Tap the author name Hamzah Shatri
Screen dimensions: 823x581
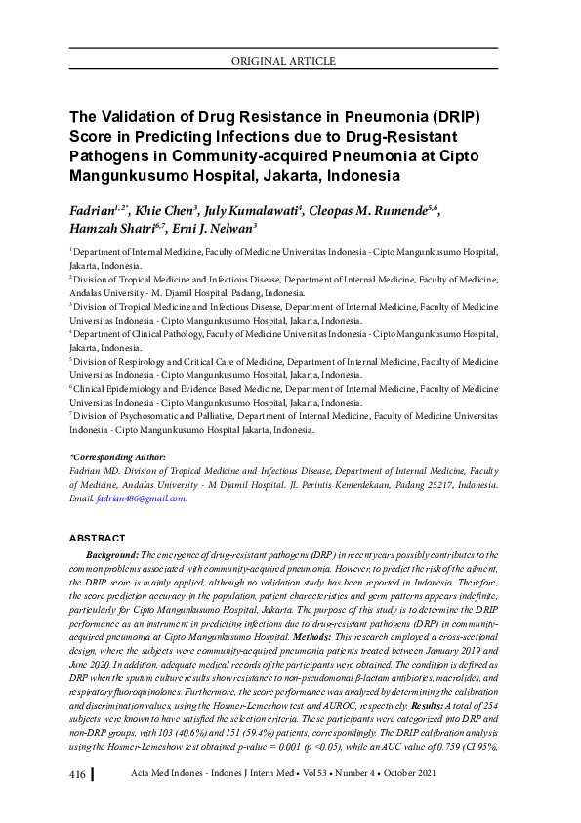(104, 230)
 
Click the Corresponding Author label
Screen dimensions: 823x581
(118, 457)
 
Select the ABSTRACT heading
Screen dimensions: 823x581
(98, 539)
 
